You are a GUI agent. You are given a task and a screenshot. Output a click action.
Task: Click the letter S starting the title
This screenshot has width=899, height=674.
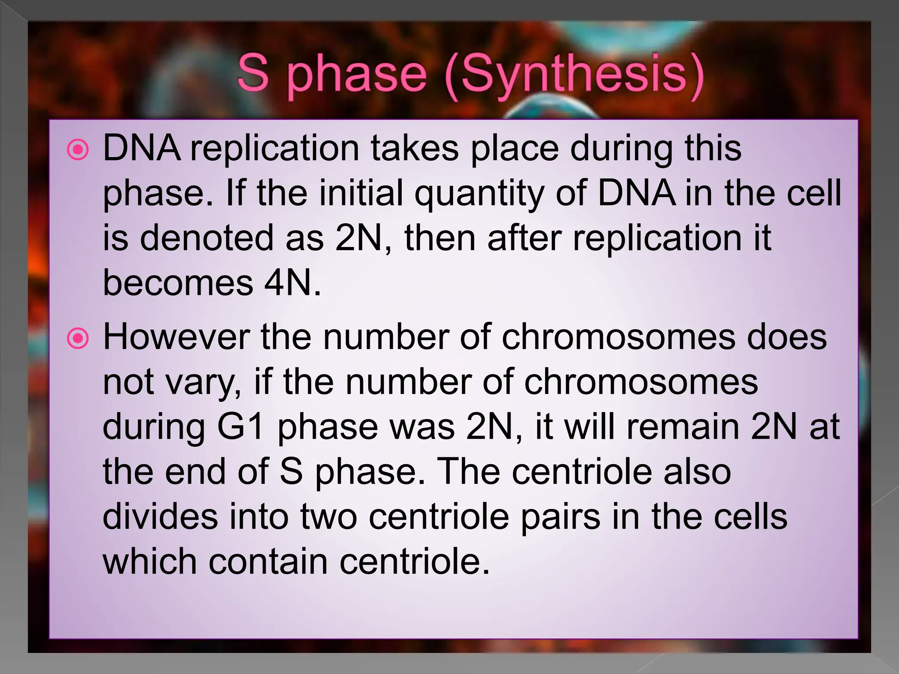click(253, 72)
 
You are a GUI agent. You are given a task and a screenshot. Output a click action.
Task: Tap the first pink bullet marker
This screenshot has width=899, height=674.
click(78, 150)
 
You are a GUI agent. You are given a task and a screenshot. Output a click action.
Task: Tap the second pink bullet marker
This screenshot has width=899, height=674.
click(78, 339)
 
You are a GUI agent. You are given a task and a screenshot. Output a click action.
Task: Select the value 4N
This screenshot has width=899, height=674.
click(292, 283)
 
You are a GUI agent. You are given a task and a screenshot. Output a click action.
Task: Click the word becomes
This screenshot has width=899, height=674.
click(178, 283)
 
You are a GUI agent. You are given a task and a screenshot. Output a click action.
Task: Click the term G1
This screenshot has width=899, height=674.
click(241, 427)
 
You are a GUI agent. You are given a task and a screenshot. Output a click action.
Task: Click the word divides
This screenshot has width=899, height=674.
click(160, 517)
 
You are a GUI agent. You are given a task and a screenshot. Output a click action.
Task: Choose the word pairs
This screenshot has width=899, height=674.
click(560, 517)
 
